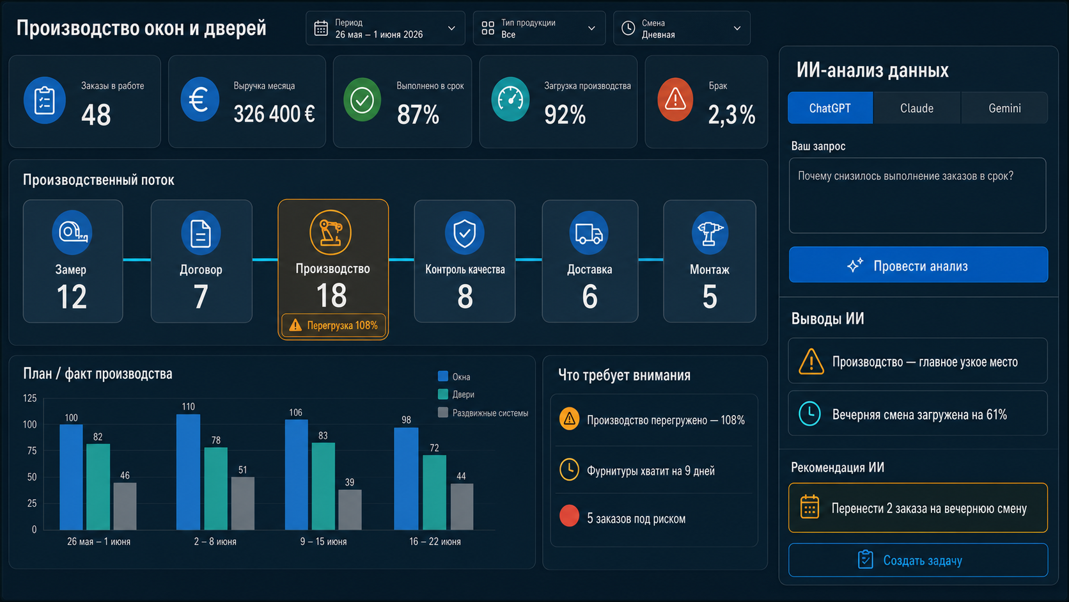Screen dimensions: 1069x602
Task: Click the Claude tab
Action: [916, 108]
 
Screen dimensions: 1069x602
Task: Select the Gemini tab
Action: [1004, 108]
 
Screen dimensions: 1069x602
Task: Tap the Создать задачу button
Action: [918, 560]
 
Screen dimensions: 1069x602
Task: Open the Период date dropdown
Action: [385, 29]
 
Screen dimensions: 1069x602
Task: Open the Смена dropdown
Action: [682, 29]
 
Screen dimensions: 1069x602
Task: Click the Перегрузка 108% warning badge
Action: [333, 326]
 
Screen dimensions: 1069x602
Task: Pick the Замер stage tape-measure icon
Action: [72, 233]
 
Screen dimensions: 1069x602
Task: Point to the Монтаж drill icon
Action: [710, 233]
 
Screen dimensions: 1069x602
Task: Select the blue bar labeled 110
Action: [188, 472]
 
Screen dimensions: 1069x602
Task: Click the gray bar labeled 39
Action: [350, 510]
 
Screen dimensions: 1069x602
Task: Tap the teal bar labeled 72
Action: [434, 493]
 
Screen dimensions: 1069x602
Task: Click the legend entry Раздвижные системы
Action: [483, 413]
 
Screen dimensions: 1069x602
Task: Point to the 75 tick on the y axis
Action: [31, 450]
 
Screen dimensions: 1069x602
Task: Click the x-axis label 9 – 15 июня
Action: [324, 542]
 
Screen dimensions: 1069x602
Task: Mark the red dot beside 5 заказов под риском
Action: [569, 516]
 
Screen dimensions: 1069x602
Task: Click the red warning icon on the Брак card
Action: [675, 100]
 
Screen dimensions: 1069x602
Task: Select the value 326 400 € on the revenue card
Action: [274, 114]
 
